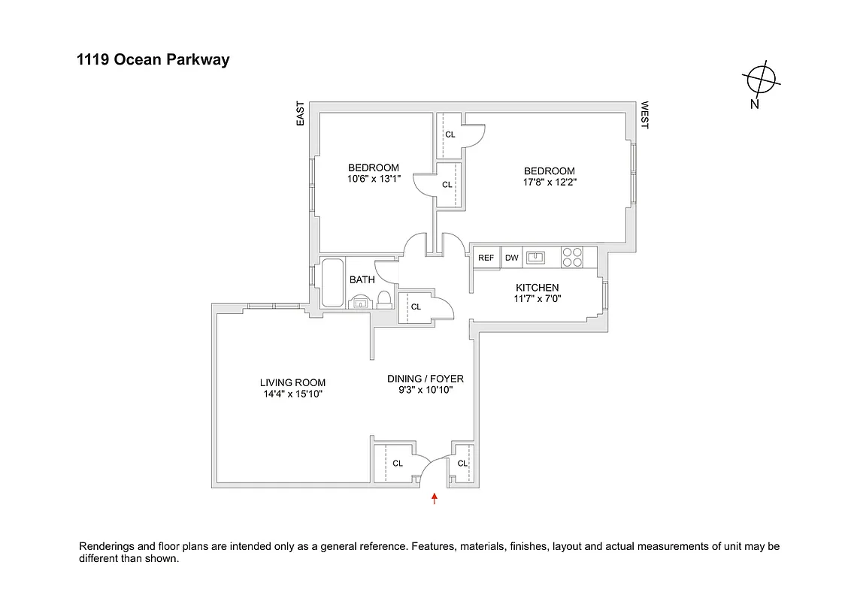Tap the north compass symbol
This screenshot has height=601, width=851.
pyautogui.click(x=761, y=79)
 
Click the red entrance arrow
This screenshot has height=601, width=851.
pyautogui.click(x=435, y=497)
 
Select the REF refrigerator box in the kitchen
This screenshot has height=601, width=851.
pyautogui.click(x=486, y=258)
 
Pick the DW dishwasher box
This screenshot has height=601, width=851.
pyautogui.click(x=512, y=258)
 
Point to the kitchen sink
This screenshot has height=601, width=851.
pyautogui.click(x=536, y=258)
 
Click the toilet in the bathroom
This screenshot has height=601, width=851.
pyautogui.click(x=384, y=300)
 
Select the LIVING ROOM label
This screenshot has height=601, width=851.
pyautogui.click(x=292, y=382)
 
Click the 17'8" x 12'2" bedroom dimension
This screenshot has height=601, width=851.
pyautogui.click(x=549, y=182)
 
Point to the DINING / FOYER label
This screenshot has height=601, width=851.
pyautogui.click(x=425, y=379)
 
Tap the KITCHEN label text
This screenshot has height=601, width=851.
pyautogui.click(x=537, y=288)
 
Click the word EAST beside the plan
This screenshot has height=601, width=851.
pyautogui.click(x=301, y=113)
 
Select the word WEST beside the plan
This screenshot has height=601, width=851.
pyautogui.click(x=644, y=116)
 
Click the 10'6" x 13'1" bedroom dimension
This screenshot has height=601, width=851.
pyautogui.click(x=374, y=179)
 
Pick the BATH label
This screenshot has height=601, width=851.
pyautogui.click(x=362, y=279)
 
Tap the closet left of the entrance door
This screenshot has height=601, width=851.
pyautogui.click(x=394, y=464)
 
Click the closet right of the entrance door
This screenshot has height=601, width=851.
pyautogui.click(x=462, y=463)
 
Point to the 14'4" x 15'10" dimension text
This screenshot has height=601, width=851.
pyautogui.click(x=292, y=394)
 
